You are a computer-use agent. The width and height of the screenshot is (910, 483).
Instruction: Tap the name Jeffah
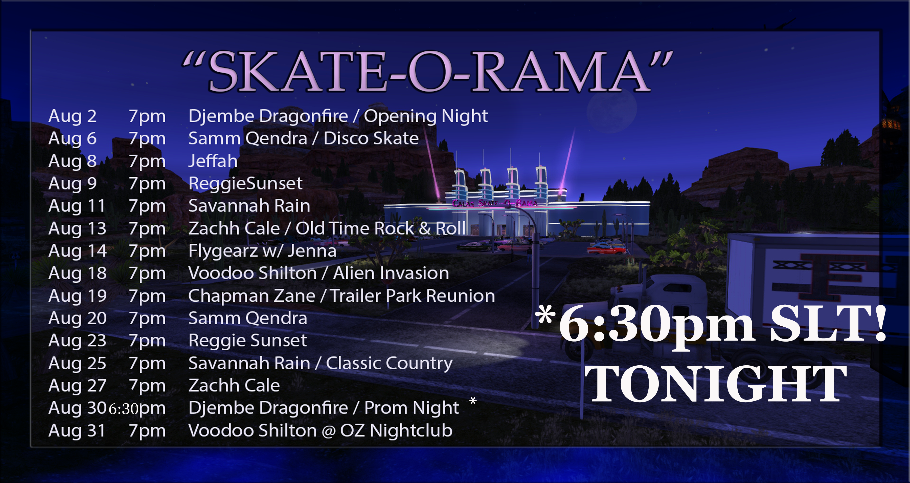(213, 161)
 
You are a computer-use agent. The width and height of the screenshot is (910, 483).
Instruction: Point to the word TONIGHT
(715, 384)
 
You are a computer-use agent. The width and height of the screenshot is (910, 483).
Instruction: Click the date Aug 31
(77, 431)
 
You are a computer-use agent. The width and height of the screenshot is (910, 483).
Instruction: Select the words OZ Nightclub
(396, 431)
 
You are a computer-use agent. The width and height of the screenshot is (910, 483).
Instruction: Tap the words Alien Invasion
(391, 273)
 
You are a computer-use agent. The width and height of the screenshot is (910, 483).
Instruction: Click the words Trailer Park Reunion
(413, 296)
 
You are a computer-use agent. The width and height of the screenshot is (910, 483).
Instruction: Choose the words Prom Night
(412, 408)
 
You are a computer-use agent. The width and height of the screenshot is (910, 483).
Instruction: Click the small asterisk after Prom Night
(473, 401)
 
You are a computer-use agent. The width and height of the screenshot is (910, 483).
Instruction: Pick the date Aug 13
(77, 229)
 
